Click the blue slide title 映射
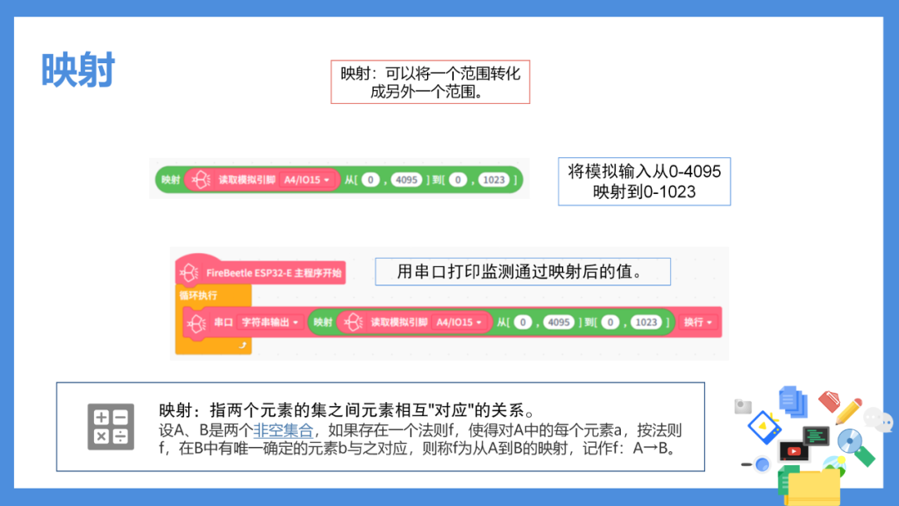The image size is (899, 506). click(x=78, y=70)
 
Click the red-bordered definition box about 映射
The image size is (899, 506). click(x=430, y=82)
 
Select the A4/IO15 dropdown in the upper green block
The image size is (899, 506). click(x=306, y=180)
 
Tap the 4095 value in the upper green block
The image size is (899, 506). click(x=406, y=180)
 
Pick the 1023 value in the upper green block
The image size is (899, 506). click(x=494, y=180)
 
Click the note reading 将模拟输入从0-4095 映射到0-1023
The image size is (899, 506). click(x=643, y=181)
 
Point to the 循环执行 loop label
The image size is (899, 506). click(x=198, y=295)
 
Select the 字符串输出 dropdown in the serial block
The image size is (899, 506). click(x=270, y=323)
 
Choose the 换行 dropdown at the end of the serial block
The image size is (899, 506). click(x=698, y=323)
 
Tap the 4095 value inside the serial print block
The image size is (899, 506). click(x=558, y=323)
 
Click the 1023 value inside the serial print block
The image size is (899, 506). click(x=646, y=323)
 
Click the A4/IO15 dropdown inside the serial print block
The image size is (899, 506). click(x=459, y=323)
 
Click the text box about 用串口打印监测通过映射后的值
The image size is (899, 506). click(x=522, y=271)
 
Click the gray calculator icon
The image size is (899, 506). click(x=111, y=427)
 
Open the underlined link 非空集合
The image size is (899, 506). click(x=283, y=430)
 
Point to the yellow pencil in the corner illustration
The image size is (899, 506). click(x=848, y=410)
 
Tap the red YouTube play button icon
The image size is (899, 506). click(x=794, y=452)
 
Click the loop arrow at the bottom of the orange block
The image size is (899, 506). click(x=242, y=345)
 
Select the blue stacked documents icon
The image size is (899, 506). click(x=793, y=400)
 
